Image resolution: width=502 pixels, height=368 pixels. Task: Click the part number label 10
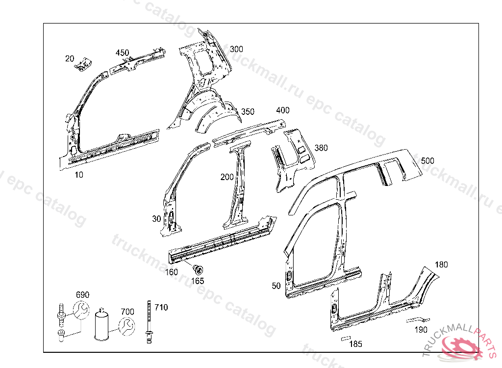(79, 174)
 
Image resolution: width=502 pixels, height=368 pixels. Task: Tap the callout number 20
(69, 58)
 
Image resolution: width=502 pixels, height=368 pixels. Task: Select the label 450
(122, 53)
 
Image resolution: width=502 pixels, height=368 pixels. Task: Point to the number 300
(236, 49)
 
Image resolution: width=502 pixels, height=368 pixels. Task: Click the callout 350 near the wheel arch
(248, 112)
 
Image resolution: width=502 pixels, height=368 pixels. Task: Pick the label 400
(283, 110)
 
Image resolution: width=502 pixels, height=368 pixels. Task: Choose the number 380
(321, 148)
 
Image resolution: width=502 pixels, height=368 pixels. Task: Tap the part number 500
(427, 161)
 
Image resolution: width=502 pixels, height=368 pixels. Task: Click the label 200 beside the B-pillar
(226, 177)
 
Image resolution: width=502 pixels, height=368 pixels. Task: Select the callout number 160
(172, 272)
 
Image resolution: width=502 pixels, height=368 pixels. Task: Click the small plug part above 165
(198, 269)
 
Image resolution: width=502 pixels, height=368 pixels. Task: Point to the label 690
(82, 295)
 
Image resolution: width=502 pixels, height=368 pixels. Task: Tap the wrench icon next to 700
(126, 325)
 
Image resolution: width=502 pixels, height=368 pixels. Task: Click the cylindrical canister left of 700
(102, 324)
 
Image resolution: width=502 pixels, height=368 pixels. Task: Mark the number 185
(355, 344)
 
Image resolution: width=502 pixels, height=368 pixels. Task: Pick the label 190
(421, 329)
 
